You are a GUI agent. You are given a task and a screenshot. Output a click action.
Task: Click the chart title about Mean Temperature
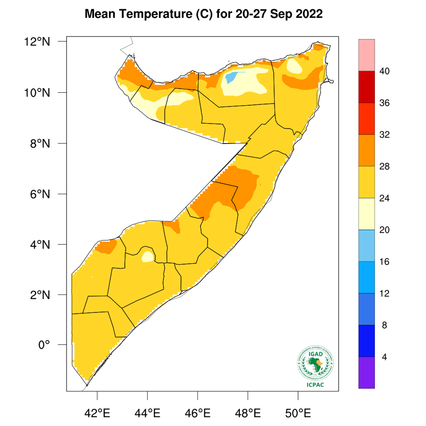[x=204, y=14]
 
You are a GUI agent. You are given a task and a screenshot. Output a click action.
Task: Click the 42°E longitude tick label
[x=97, y=412]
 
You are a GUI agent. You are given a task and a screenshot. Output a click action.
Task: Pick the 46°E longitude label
[x=198, y=412]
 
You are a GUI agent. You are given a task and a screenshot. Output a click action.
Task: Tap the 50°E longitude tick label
[x=298, y=412]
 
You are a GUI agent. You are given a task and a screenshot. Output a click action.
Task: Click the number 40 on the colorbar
[x=384, y=71]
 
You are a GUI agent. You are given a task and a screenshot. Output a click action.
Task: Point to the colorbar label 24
[x=384, y=198]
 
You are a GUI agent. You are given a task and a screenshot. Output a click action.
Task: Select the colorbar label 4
[x=384, y=357]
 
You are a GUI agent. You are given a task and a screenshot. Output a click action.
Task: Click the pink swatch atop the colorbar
[x=367, y=55]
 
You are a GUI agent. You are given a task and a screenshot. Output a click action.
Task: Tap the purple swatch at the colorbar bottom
[x=367, y=373]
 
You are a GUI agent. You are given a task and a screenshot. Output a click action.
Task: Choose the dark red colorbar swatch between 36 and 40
[x=367, y=87]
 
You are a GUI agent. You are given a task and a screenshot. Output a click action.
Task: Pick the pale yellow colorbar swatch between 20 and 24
[x=367, y=214]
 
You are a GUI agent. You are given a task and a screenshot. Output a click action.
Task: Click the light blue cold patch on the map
[x=231, y=77]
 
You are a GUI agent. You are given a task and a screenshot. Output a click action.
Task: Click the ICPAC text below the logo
[x=315, y=385]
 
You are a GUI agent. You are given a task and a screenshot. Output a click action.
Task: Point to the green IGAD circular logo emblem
[x=315, y=363]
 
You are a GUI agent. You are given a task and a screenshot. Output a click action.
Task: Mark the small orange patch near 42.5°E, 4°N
[x=106, y=247]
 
